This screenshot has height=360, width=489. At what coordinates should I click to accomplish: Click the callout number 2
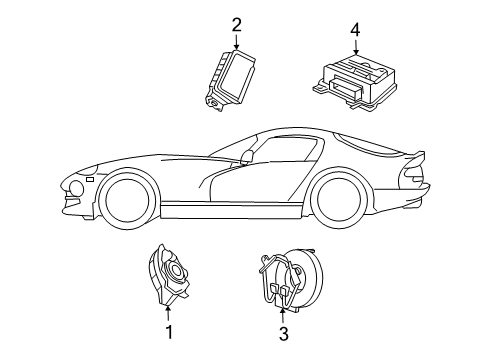click(236, 24)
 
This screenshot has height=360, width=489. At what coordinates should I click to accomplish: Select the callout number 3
click(284, 335)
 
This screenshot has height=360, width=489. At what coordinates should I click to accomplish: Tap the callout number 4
click(356, 31)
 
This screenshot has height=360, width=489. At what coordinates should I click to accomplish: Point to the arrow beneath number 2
click(236, 42)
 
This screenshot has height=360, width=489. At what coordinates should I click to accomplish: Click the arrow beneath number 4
click(356, 48)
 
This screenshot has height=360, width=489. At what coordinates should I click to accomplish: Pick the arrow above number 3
click(284, 315)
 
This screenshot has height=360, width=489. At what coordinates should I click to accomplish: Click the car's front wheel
click(126, 197)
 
